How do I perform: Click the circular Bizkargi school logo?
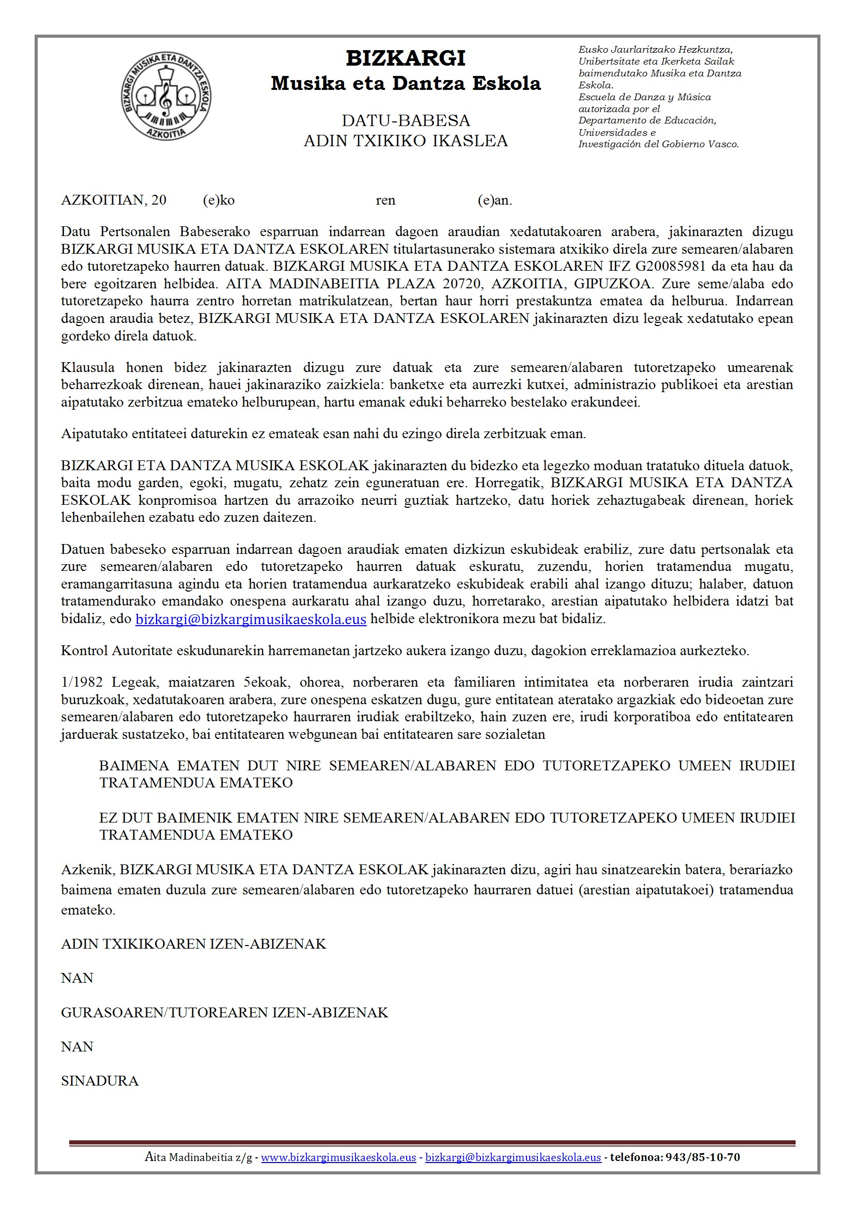coord(166,96)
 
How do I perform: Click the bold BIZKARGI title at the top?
coord(405,58)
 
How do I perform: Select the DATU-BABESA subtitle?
coord(405,120)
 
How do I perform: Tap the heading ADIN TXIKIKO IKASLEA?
coord(405,141)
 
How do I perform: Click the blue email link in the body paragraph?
coord(251,619)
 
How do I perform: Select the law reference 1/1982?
coord(82,682)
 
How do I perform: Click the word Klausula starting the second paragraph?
coord(87,367)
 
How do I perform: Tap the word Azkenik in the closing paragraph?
coord(86,870)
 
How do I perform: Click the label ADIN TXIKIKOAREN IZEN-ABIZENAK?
coord(193,944)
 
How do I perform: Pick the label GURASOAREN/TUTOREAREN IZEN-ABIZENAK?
coord(224,1013)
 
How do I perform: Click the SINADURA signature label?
coord(99,1081)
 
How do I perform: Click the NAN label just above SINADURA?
coord(77,1046)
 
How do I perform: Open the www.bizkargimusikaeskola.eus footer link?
coord(338,1157)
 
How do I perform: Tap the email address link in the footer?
coord(513,1157)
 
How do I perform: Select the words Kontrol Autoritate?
coord(116,651)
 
